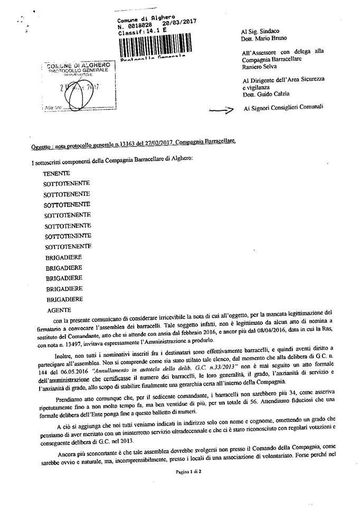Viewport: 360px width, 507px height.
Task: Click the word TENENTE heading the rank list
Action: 56,173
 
